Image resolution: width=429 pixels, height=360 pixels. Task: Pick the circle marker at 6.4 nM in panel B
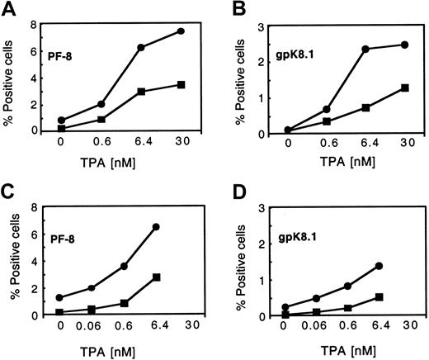coord(364,49)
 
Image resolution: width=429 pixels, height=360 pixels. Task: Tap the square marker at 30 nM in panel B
coord(403,88)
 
